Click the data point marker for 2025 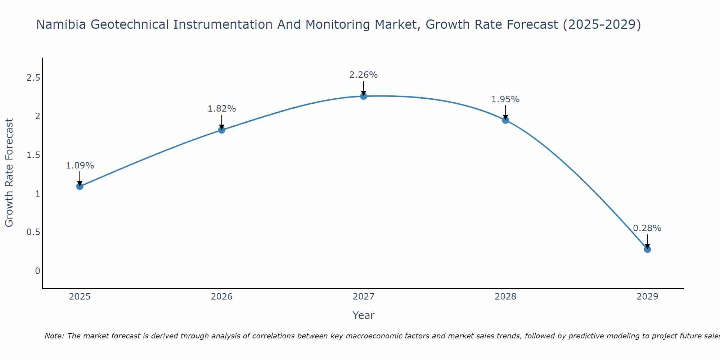80,186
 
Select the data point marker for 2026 222,130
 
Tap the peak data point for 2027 364,96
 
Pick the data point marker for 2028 505,120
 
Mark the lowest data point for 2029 647,249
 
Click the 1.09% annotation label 80,166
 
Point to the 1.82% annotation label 222,109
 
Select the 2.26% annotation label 364,75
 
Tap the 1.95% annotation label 505,99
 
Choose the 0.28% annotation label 647,228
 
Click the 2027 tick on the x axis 364,297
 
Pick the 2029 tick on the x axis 647,297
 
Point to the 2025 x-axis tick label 80,297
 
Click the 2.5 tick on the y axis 33,78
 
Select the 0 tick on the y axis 37,271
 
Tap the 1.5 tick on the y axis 33,155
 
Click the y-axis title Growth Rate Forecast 9,173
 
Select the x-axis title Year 364,315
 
